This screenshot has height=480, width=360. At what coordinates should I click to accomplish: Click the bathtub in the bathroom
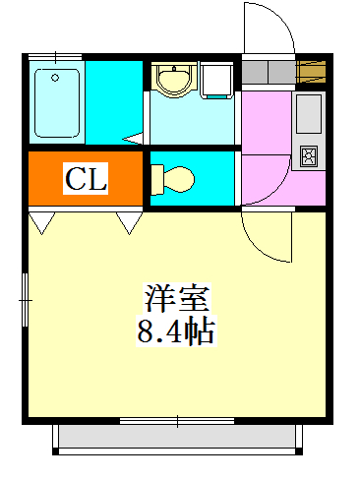click(x=55, y=102)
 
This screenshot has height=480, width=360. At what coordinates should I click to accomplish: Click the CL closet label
click(x=86, y=179)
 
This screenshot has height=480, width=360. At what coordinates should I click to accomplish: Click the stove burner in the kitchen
click(x=309, y=154)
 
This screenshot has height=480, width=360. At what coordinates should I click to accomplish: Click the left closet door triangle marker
click(x=40, y=223)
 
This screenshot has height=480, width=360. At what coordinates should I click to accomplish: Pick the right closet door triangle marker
click(x=129, y=223)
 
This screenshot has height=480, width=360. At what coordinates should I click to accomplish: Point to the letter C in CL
click(x=75, y=179)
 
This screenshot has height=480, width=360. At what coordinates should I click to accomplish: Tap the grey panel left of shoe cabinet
click(x=261, y=72)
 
